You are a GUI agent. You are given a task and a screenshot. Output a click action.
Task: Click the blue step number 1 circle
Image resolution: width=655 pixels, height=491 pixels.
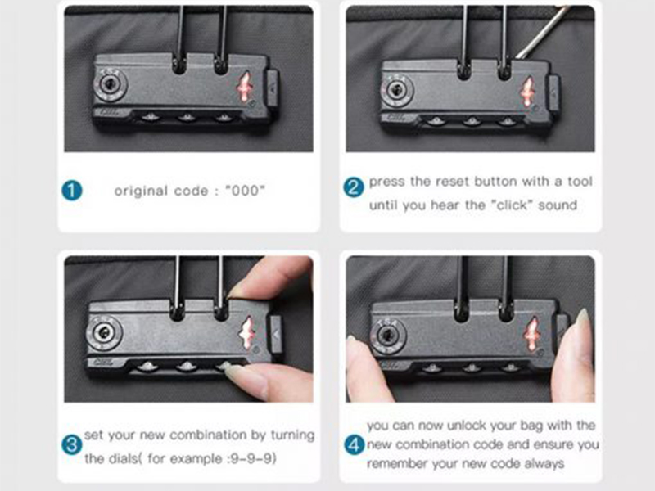coord(72,191)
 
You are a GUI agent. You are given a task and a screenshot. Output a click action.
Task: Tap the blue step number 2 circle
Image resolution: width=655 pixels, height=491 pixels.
coord(354,187)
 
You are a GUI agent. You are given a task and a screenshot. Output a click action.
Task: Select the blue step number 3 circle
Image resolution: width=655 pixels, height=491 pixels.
coord(72,444)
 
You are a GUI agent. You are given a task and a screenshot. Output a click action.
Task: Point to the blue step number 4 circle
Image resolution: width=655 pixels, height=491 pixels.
coord(355,444)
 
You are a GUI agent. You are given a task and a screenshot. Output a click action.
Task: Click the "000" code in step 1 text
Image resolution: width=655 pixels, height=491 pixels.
coord(245,191)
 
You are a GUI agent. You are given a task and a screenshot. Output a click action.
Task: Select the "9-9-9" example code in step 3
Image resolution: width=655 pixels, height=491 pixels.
coord(254,458)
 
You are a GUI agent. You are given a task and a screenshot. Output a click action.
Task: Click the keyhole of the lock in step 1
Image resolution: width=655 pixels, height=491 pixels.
coord(110,85)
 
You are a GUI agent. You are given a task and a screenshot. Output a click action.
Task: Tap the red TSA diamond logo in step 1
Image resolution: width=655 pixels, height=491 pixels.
coord(245,86)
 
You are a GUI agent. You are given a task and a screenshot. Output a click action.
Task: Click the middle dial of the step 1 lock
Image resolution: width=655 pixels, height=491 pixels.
coord(187,117)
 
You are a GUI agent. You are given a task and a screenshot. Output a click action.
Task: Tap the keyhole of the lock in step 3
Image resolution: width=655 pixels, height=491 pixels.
coord(103,333)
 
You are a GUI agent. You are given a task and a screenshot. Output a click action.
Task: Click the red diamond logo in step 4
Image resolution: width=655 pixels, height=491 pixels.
coord(531,334)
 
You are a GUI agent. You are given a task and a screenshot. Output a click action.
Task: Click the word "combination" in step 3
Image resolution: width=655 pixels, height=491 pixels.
coord(207,435)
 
